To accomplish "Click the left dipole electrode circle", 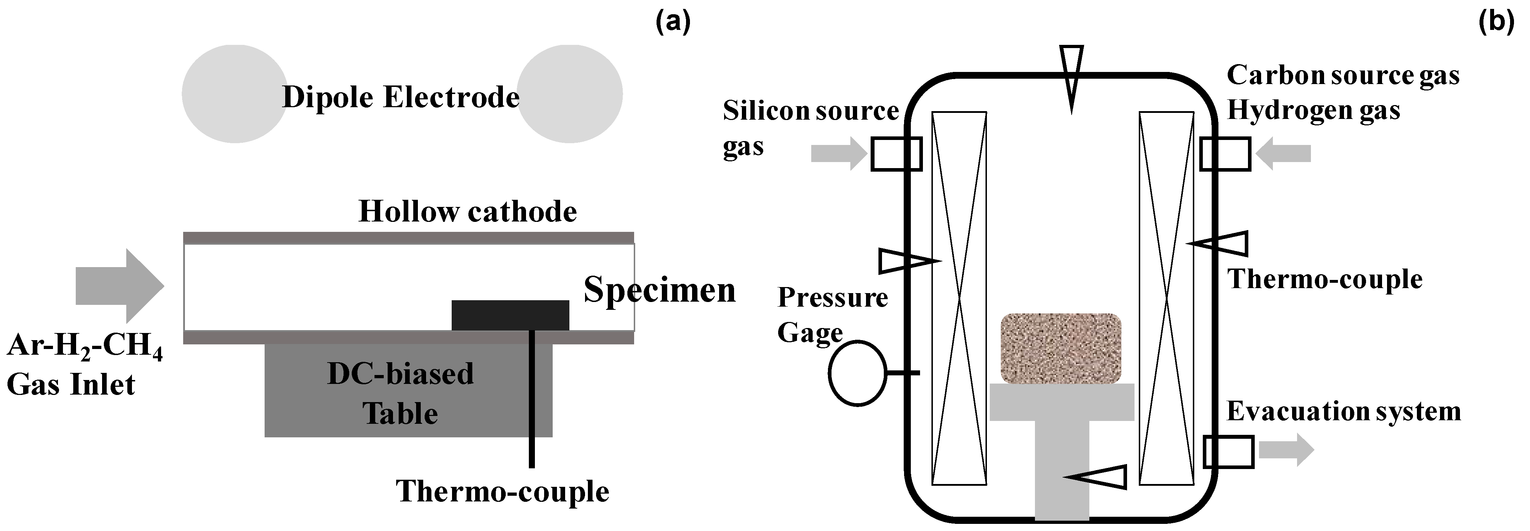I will coord(235,94).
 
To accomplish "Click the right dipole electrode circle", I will coord(570,94).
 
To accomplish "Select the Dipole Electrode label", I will coord(401,97).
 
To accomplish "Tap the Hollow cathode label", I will coord(467,212).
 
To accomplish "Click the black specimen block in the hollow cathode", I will coord(510,315).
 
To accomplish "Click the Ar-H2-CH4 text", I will coord(85,347).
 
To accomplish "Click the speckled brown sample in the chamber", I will coord(1061,348).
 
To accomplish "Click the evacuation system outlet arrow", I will coord(1286,450).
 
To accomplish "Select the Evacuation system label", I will coord(1344,411).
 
